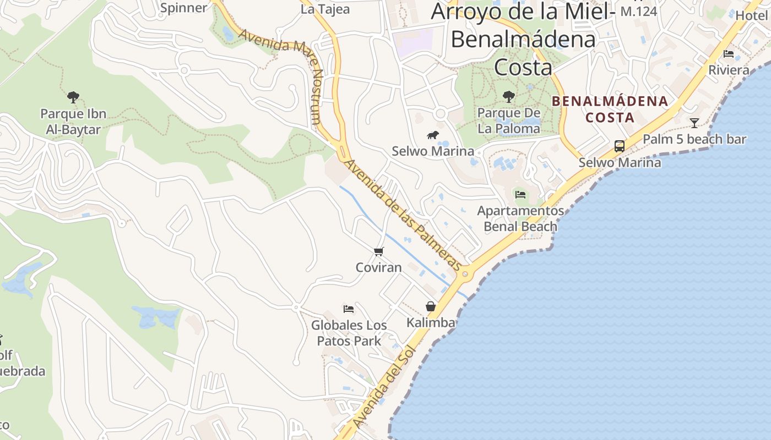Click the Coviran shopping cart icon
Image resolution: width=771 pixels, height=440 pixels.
tap(378, 252)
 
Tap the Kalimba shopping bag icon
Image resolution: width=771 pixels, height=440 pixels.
tap(431, 306)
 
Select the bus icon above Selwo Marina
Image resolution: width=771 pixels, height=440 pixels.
tap(620, 146)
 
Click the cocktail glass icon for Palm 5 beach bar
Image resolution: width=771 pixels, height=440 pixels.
tap(694, 123)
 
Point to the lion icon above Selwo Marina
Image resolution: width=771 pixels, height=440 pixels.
tap(433, 135)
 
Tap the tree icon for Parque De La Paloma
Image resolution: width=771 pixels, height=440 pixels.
tap(509, 97)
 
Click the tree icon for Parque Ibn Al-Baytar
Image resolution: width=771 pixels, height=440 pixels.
tap(73, 97)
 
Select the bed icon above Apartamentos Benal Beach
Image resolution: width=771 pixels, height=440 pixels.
tap(520, 194)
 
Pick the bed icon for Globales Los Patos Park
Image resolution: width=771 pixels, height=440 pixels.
tap(348, 309)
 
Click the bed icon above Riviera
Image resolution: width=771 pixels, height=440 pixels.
tap(729, 54)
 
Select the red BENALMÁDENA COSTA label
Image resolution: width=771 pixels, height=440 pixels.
tap(610, 109)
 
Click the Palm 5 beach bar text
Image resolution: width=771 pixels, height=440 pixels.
tap(694, 139)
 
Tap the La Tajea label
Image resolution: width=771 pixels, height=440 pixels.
tap(325, 9)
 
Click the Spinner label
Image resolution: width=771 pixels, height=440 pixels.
tap(183, 8)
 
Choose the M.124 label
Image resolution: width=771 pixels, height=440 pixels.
tap(639, 11)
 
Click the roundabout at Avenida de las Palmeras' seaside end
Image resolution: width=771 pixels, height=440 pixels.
tap(466, 273)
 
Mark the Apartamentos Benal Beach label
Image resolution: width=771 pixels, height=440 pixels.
tap(520, 218)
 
